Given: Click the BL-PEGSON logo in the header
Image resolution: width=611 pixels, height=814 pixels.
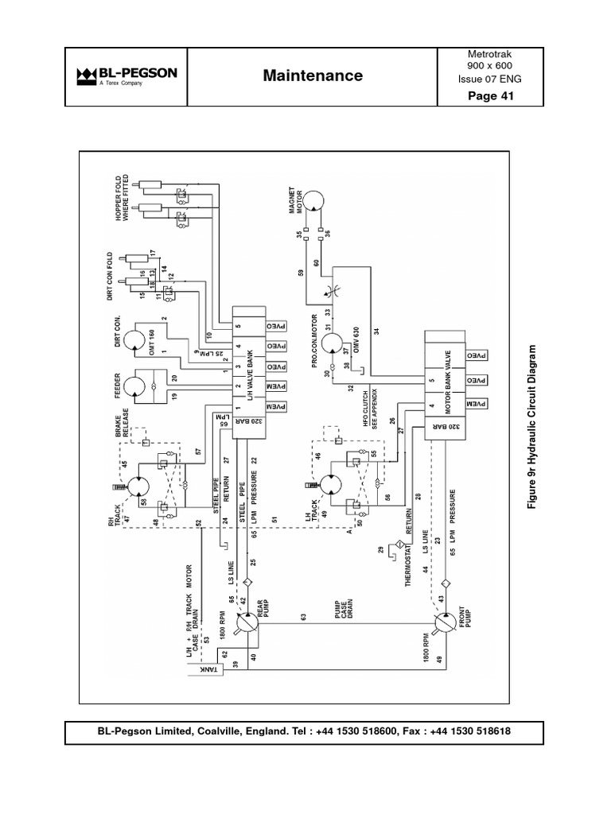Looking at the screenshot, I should click(126, 76).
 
